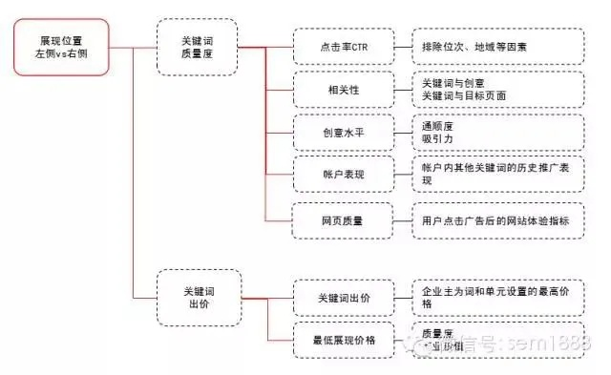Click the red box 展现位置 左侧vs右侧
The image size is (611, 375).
pos(61,47)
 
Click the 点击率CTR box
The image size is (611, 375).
pos(344,46)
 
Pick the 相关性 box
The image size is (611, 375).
pos(344,89)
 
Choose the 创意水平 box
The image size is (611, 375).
pos(344,132)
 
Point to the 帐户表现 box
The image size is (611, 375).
pos(344,174)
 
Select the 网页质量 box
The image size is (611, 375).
pos(344,219)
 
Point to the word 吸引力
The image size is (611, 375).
pos(437,138)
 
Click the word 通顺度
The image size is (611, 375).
pos(437,125)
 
